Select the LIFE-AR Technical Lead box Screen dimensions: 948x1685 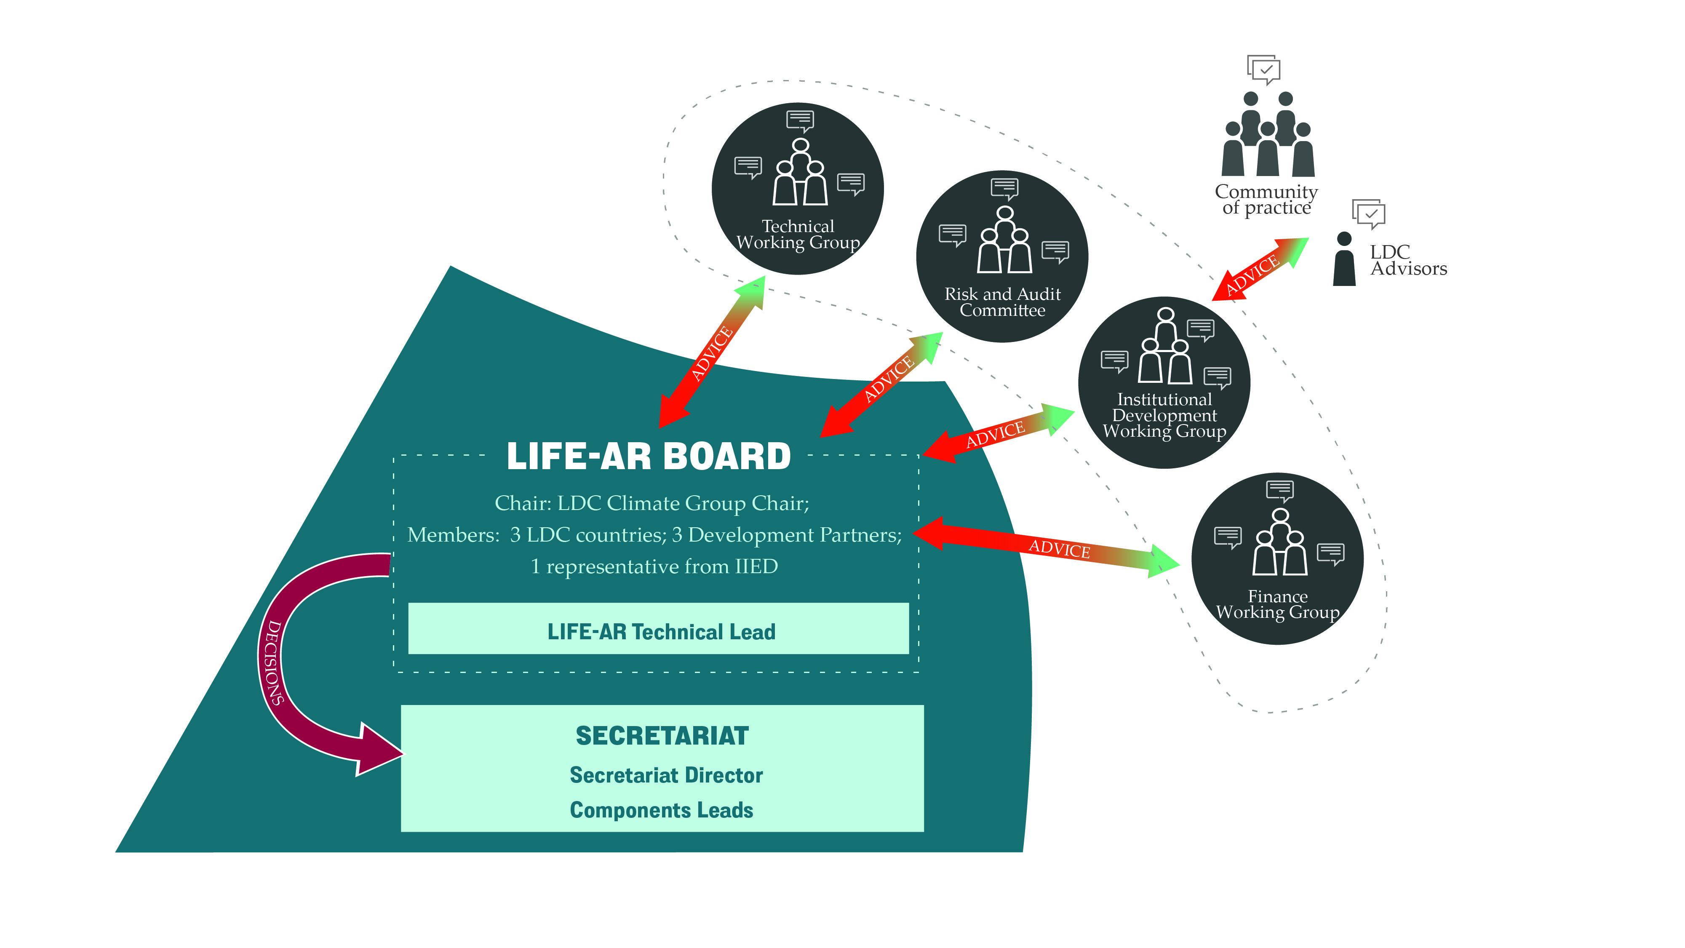(x=658, y=629)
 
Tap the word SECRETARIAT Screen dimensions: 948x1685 (x=662, y=736)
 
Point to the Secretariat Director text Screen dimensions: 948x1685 (x=666, y=775)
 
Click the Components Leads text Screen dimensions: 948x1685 (x=661, y=810)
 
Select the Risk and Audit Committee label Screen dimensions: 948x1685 (x=1002, y=302)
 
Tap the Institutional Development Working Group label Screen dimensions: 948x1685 (x=1164, y=415)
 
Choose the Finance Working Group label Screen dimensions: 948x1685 (x=1277, y=604)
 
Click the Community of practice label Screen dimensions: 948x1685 (x=1266, y=200)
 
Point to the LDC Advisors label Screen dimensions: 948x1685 (x=1407, y=260)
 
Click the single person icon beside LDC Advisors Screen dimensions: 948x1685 (x=1344, y=259)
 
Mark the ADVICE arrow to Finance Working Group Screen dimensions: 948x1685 (x=1047, y=546)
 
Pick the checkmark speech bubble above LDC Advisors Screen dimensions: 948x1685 (x=1368, y=213)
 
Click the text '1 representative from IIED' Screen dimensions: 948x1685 (x=654, y=566)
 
